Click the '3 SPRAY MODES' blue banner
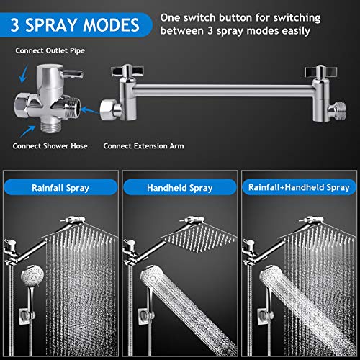click(x=76, y=25)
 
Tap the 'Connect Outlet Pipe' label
click(x=50, y=50)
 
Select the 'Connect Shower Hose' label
click(x=50, y=146)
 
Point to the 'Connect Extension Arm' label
click(x=143, y=146)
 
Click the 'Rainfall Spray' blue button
click(x=60, y=187)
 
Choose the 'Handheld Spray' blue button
click(x=180, y=187)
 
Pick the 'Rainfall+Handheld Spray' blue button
click(x=299, y=187)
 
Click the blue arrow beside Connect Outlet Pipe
click(x=24, y=73)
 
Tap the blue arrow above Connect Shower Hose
click(x=27, y=131)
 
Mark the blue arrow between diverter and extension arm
click(x=90, y=111)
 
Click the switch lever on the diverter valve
click(x=73, y=74)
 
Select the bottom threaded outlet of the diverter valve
click(x=51, y=126)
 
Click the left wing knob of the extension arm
click(x=127, y=71)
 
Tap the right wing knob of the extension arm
click(x=320, y=71)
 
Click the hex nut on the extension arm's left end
click(x=109, y=110)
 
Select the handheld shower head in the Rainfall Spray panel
click(x=32, y=276)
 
